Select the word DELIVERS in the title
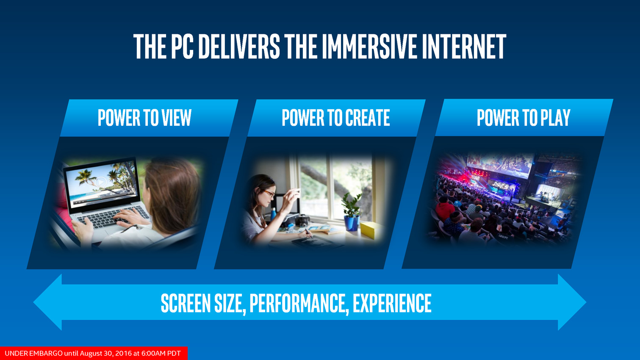[x=239, y=46]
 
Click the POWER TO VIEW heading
[x=144, y=117]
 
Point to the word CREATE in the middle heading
[x=367, y=117]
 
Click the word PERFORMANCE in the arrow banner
[x=299, y=303]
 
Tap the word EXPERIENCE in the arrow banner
[x=392, y=303]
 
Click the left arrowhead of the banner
[x=48, y=302]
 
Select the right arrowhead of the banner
[x=572, y=302]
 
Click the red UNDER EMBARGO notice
[x=94, y=353]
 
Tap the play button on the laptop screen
[x=101, y=182]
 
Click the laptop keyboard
[x=112, y=217]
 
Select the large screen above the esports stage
[x=499, y=165]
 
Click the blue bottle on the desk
[x=274, y=214]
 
